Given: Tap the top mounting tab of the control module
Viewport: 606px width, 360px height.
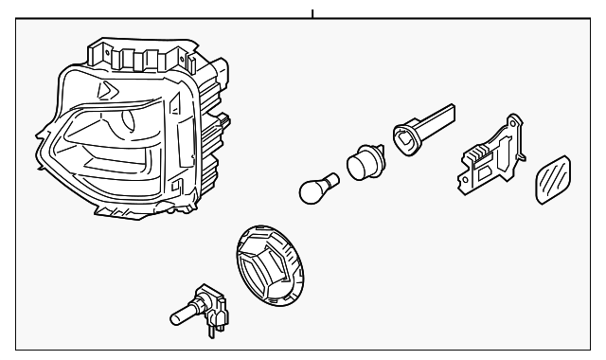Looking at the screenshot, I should (514, 121).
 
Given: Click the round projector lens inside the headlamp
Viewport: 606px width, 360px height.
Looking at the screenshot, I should (124, 123).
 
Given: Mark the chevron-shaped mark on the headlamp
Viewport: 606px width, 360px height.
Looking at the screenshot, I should (106, 89).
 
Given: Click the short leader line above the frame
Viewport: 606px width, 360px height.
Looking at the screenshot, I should (312, 13).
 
